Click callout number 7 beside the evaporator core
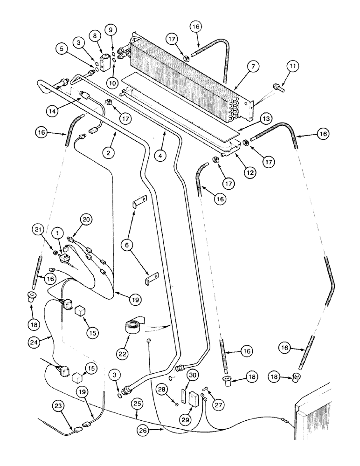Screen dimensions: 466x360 (x=252, y=68)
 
